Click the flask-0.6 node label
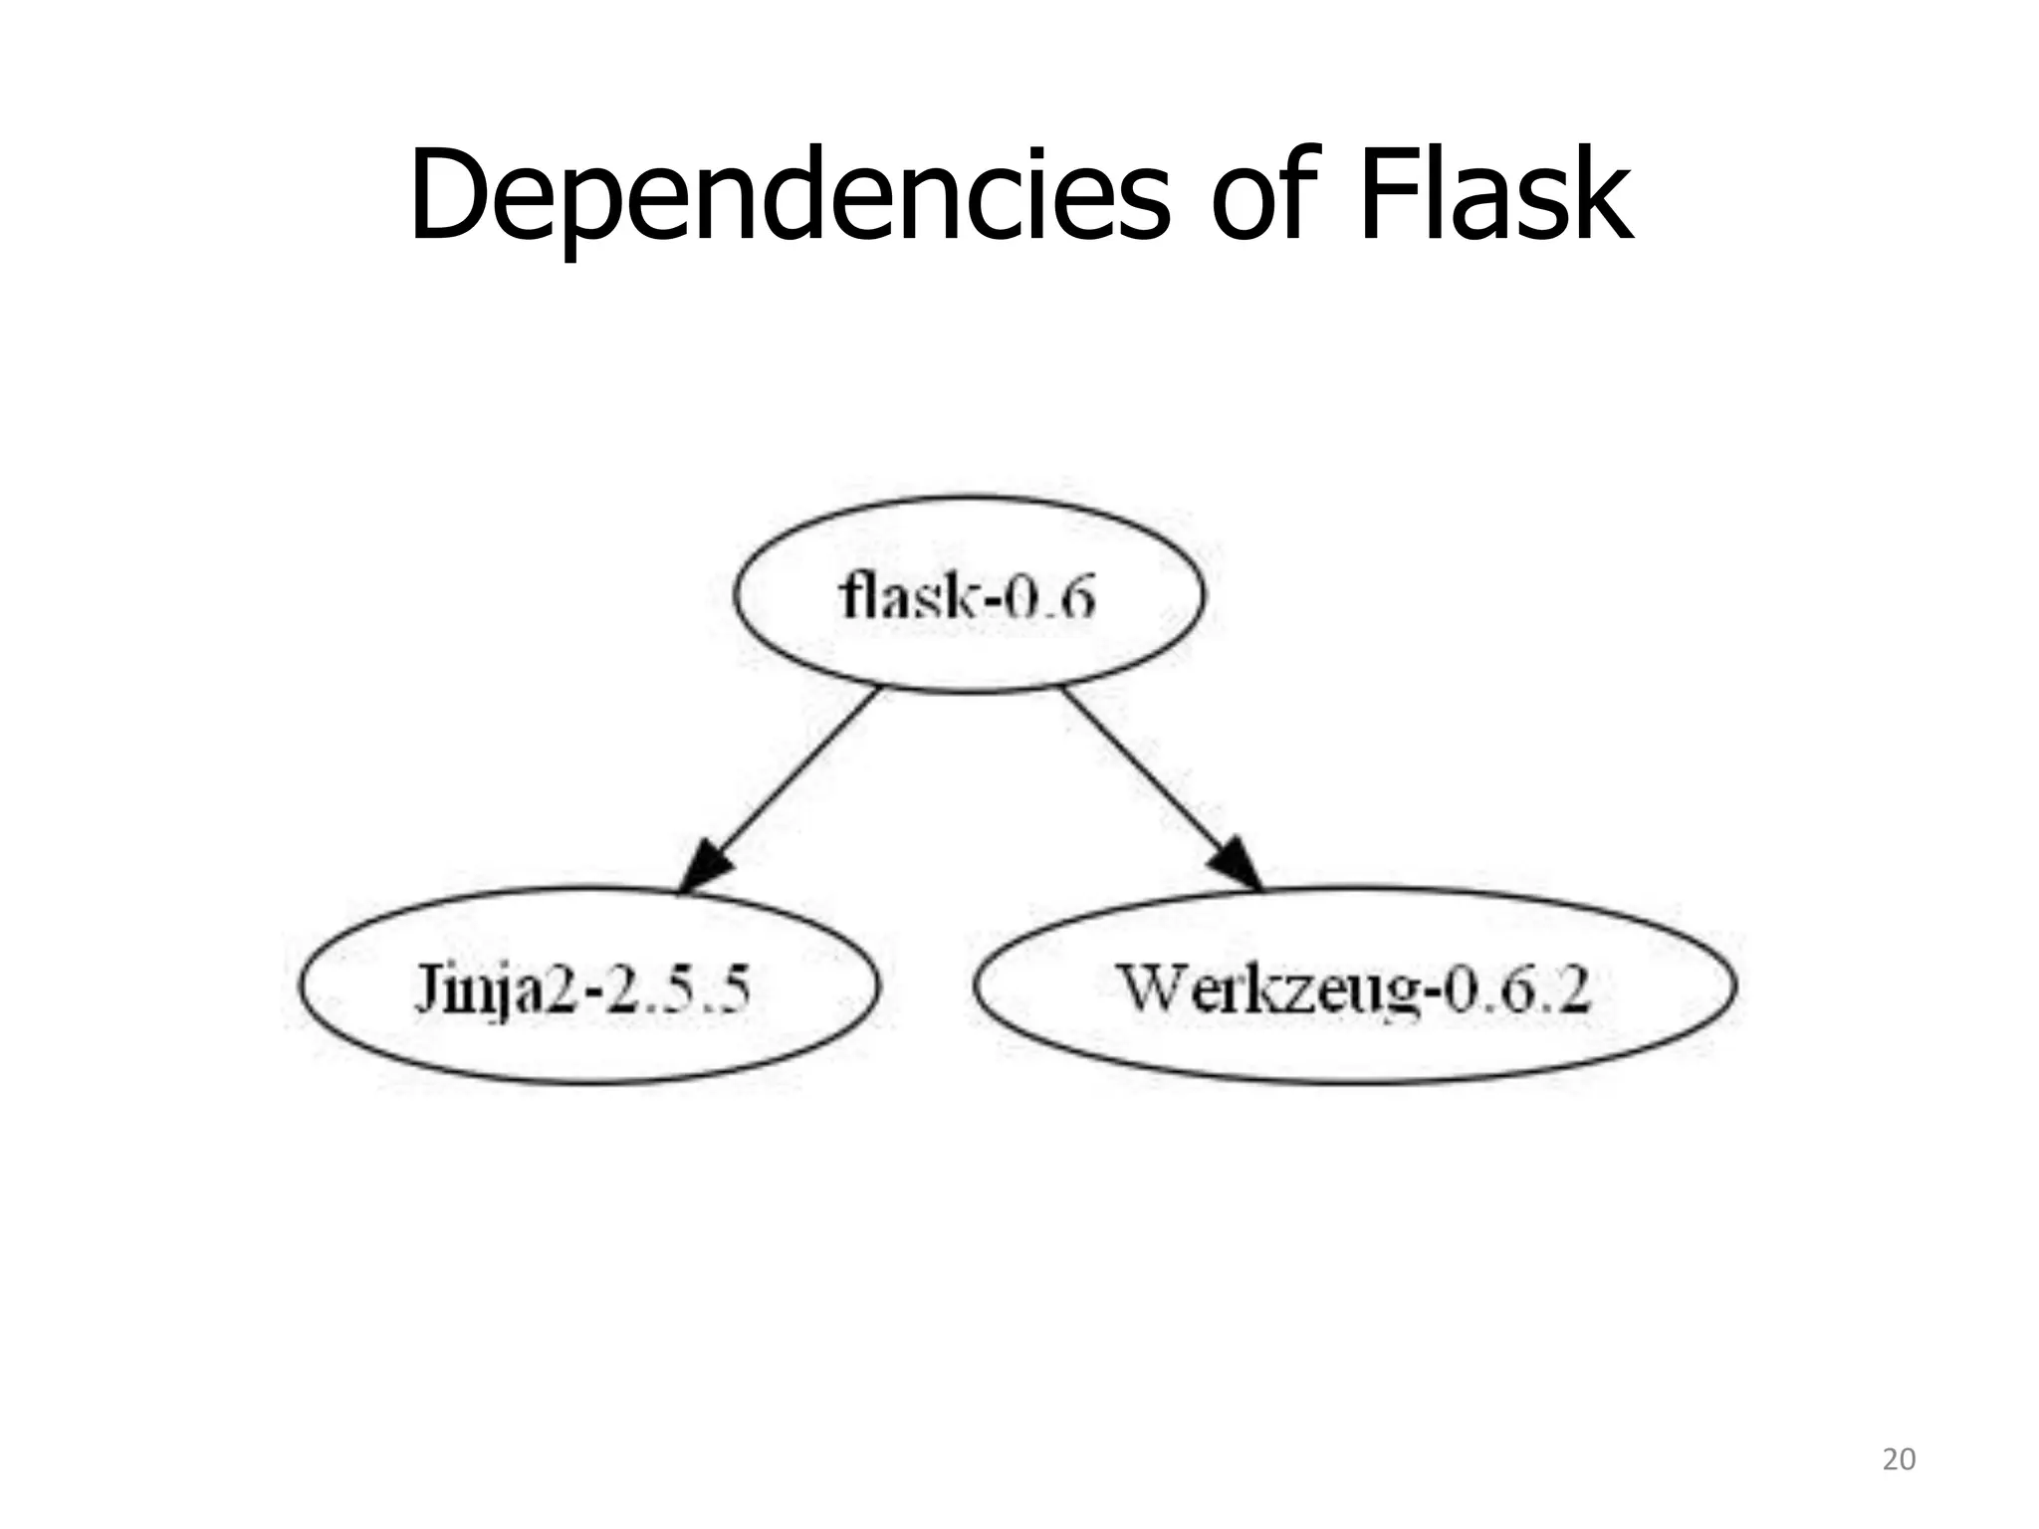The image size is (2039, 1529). (x=967, y=597)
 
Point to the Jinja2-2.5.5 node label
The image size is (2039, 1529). (x=581, y=988)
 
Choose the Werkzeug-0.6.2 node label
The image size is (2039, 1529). (x=1354, y=988)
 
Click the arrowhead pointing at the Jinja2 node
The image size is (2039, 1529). (x=706, y=865)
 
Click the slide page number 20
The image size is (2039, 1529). (x=1899, y=1459)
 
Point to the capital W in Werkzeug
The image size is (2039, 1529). (x=1155, y=987)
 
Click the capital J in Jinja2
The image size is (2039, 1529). (x=426, y=988)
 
